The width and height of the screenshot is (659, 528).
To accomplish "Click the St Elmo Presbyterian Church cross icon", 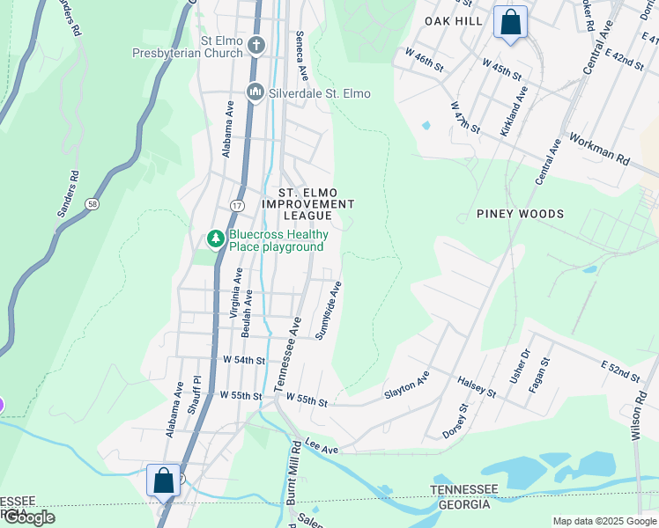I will click(x=255, y=45).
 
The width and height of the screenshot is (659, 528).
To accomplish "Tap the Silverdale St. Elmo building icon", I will click(x=255, y=92).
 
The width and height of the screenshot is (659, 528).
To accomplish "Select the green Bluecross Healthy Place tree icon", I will click(x=215, y=238).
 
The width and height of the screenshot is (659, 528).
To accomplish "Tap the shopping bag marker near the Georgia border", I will click(x=163, y=480).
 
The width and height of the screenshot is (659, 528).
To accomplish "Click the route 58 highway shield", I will click(x=92, y=204).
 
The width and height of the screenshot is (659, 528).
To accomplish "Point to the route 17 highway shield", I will click(x=237, y=204).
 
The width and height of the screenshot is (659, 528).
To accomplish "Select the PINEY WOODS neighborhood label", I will click(x=520, y=214).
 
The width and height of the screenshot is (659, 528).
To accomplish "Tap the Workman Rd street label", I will click(x=600, y=150).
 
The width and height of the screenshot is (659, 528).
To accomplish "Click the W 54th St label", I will click(x=243, y=361).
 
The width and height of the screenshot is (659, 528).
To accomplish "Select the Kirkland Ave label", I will click(x=515, y=111).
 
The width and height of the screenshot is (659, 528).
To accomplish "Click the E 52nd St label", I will click(x=621, y=371).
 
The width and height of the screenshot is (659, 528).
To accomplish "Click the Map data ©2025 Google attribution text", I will click(x=604, y=521).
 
